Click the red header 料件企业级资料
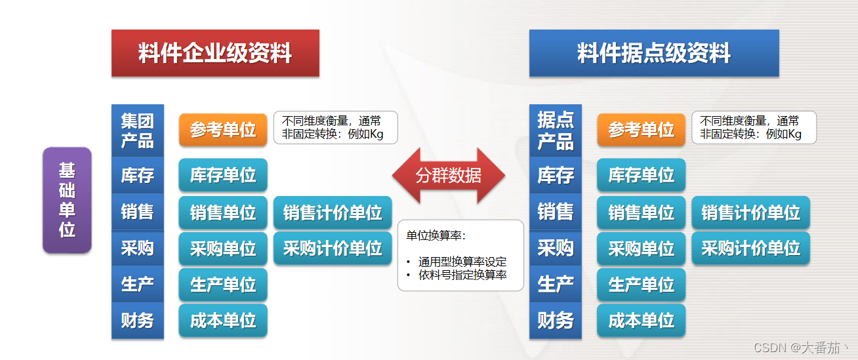(x=215, y=53)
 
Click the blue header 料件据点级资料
(x=654, y=53)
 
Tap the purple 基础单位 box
(x=67, y=200)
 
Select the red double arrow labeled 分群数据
(x=449, y=176)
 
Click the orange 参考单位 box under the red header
(x=223, y=130)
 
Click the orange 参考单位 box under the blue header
(x=641, y=130)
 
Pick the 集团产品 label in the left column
(x=137, y=130)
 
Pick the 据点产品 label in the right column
(x=555, y=130)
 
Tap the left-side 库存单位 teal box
(x=223, y=175)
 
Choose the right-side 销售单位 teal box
(x=641, y=212)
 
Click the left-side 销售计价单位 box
(x=333, y=212)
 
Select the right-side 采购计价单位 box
(x=750, y=248)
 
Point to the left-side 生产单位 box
(x=223, y=285)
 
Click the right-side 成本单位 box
(x=641, y=320)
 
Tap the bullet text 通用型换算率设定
(x=462, y=262)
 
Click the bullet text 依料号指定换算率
(x=462, y=275)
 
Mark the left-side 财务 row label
(x=137, y=320)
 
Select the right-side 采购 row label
(x=555, y=248)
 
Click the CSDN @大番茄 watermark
(x=800, y=348)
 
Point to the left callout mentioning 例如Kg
(x=335, y=127)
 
